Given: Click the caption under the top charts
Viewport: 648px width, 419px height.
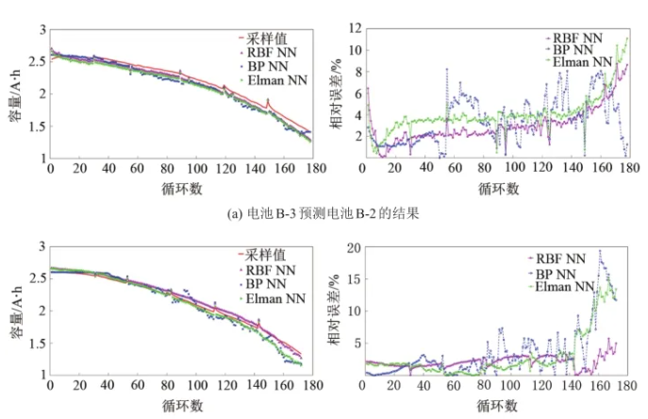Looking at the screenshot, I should pyautogui.click(x=324, y=214).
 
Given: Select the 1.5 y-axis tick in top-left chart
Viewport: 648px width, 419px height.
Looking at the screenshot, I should pyautogui.click(x=39, y=126).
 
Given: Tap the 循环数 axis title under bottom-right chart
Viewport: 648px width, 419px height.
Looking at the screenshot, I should pyautogui.click(x=497, y=405).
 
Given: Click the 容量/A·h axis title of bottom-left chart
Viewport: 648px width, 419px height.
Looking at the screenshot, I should pyautogui.click(x=17, y=311).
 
